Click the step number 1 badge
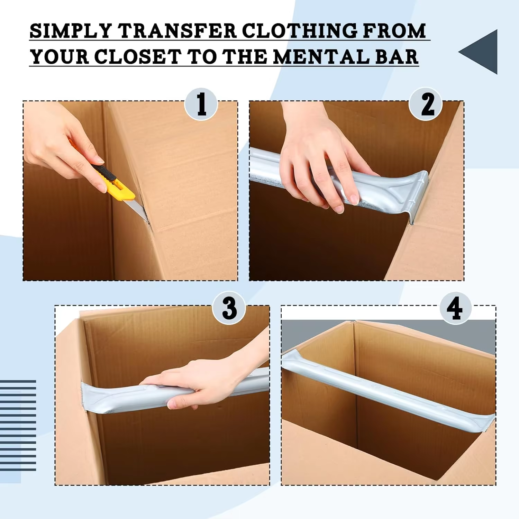(201, 104)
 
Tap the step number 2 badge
(426, 104)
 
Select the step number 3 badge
(229, 308)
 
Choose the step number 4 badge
(455, 308)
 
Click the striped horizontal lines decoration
(18, 425)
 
